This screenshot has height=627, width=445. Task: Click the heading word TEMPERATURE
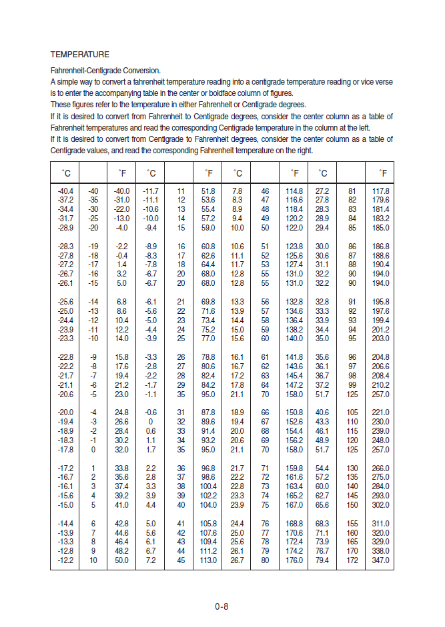(x=79, y=54)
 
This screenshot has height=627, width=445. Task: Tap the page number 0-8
(x=221, y=606)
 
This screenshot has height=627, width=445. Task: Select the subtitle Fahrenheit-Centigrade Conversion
(x=105, y=70)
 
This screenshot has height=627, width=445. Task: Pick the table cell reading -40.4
(x=65, y=191)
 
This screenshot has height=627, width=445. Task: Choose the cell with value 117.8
(x=380, y=191)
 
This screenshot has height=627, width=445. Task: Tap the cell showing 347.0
(x=380, y=560)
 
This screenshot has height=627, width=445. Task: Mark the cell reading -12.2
(x=65, y=560)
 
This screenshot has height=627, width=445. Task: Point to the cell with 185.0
(x=380, y=228)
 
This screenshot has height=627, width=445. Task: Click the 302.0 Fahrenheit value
(x=380, y=505)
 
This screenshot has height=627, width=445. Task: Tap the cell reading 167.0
(x=294, y=505)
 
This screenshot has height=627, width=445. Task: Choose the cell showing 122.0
(x=294, y=228)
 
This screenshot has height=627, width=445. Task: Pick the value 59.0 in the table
(x=208, y=228)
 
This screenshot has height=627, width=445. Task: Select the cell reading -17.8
(x=65, y=450)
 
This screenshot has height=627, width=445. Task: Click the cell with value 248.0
(x=380, y=440)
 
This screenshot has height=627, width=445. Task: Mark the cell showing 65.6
(x=323, y=505)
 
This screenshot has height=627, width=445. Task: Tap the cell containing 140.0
(x=294, y=338)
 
